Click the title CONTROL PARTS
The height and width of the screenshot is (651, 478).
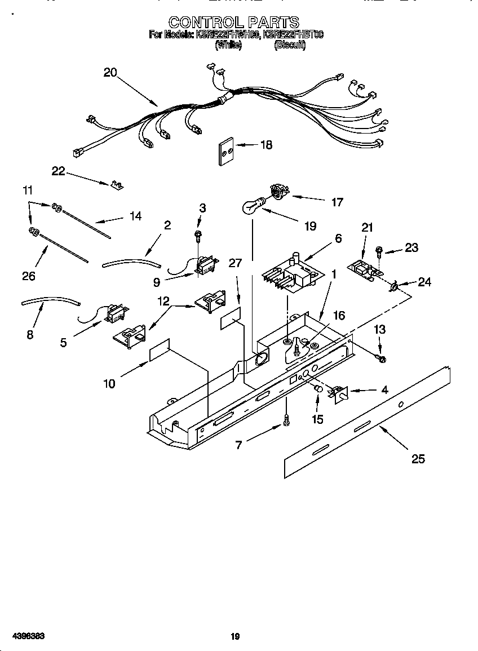(x=234, y=22)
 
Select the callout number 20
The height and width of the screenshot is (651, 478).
(x=110, y=73)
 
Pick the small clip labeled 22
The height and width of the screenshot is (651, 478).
(x=118, y=184)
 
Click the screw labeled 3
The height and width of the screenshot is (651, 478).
(x=198, y=233)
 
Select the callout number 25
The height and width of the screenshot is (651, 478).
(x=418, y=459)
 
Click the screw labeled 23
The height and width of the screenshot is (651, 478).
(x=379, y=249)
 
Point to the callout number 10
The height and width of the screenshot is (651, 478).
(x=109, y=384)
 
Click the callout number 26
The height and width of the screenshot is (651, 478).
(x=28, y=276)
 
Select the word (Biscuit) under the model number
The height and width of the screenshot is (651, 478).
(x=290, y=46)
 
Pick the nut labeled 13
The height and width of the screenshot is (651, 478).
(x=382, y=358)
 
